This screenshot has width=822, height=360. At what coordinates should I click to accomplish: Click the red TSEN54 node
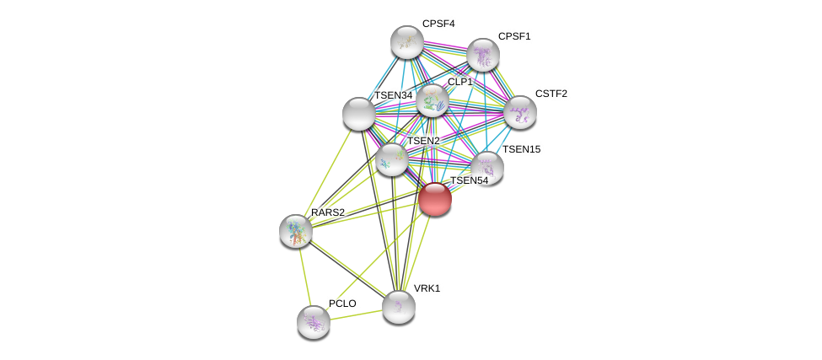[x=435, y=199]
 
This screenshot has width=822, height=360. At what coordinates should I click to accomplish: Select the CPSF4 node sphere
[x=407, y=42]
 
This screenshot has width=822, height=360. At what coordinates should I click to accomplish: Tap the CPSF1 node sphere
[x=483, y=55]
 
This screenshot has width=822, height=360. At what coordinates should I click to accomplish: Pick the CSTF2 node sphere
[x=520, y=111]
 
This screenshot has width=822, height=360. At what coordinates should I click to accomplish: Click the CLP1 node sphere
[x=432, y=100]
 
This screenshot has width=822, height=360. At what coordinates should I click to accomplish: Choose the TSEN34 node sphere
[x=359, y=114]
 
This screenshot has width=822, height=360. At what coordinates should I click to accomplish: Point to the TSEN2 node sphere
[x=392, y=159]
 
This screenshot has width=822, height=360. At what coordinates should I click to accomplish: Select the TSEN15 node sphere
[x=487, y=167]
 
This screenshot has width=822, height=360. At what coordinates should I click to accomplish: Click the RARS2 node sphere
[x=296, y=230]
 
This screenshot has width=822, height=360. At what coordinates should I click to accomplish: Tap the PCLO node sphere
[x=314, y=321]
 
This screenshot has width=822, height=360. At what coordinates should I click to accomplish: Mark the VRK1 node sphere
[x=399, y=307]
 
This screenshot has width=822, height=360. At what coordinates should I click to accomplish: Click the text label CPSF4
[x=438, y=24]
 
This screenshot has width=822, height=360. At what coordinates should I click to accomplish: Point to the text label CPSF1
[x=514, y=36]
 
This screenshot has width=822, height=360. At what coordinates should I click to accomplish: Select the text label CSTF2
[x=551, y=94]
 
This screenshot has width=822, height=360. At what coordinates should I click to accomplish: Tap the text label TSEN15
[x=521, y=149]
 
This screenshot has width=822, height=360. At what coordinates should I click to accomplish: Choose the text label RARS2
[x=328, y=212]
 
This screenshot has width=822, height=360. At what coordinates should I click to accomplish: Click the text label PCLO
[x=342, y=304]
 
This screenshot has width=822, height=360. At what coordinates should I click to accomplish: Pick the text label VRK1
[x=427, y=288]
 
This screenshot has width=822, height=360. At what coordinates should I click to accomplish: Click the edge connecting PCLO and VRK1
[x=356, y=314]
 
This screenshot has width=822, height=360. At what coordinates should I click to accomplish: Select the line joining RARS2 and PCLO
[x=304, y=276]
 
